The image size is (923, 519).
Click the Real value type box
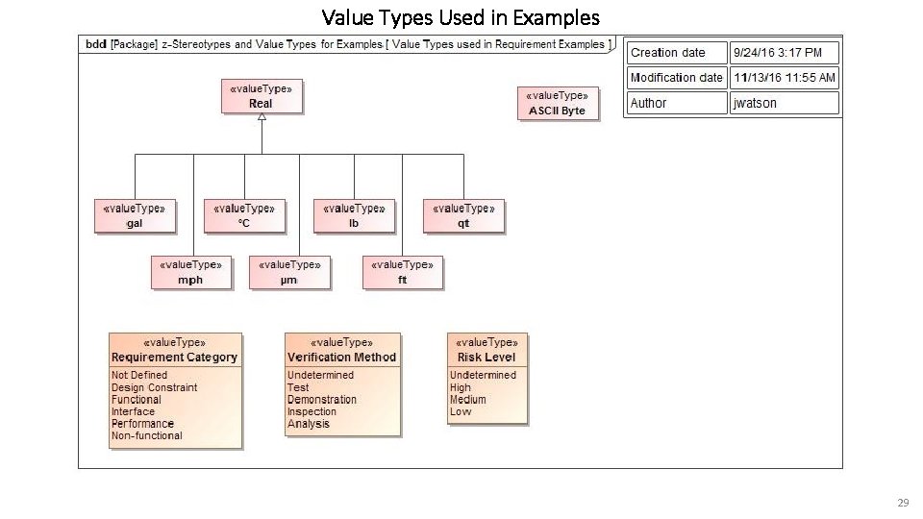tap(261, 97)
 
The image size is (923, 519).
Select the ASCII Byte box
tap(558, 104)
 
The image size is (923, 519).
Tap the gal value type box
tap(135, 216)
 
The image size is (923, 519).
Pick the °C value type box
tap(244, 216)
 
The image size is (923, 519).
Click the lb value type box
tap(354, 216)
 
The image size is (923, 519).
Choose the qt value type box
tap(463, 216)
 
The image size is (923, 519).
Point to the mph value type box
tap(191, 272)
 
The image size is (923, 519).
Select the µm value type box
tap(289, 272)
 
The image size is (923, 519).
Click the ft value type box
tap(403, 272)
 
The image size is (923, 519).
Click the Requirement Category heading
tap(174, 357)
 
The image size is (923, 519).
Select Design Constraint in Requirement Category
tap(154, 387)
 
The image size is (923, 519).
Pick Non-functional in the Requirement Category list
tap(146, 435)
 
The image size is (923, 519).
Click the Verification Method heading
tap(341, 357)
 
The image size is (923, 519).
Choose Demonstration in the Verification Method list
tap(321, 400)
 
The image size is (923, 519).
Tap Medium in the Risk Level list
tap(467, 400)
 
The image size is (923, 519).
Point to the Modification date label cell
tap(676, 78)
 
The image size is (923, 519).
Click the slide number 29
tap(902, 503)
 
